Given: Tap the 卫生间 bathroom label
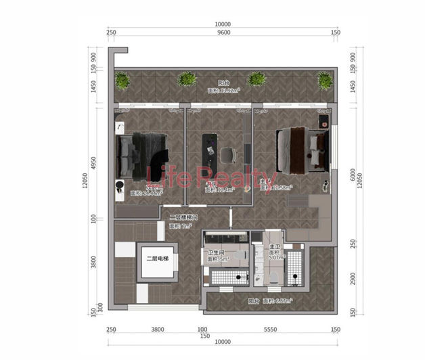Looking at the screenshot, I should (217, 252).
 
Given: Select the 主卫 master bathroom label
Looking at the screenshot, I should (275, 248).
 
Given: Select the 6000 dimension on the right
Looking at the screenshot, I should (352, 174).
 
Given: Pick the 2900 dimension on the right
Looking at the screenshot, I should (352, 278).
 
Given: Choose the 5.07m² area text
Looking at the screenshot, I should (277, 257).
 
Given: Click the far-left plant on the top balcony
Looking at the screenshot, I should (122, 81).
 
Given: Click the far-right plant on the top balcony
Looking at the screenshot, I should (325, 81).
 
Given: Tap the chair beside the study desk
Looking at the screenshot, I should (227, 154).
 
